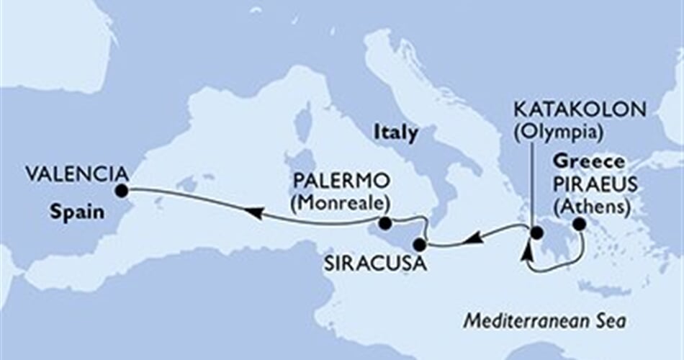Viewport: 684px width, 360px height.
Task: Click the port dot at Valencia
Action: [x=121, y=191]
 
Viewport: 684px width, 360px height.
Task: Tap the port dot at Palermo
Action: [x=385, y=223]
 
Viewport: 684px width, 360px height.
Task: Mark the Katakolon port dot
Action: [x=536, y=233]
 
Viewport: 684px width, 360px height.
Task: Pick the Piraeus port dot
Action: [x=580, y=226]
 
